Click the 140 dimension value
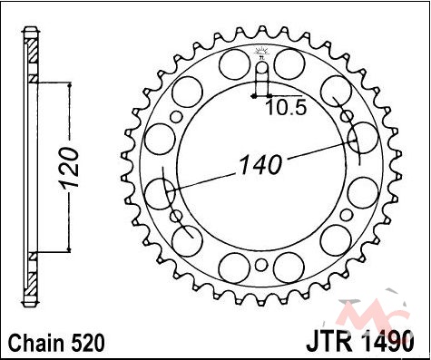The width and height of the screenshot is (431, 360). pyautogui.click(x=260, y=165)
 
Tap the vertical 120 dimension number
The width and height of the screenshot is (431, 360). pyautogui.click(x=69, y=167)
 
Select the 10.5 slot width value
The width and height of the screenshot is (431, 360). pyautogui.click(x=286, y=108)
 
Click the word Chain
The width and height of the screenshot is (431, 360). pyautogui.click(x=36, y=343)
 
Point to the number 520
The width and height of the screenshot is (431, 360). pyautogui.click(x=88, y=343)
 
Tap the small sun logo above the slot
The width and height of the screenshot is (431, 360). pyautogui.click(x=260, y=52)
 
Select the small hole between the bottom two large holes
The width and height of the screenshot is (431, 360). pyautogui.click(x=261, y=265)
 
